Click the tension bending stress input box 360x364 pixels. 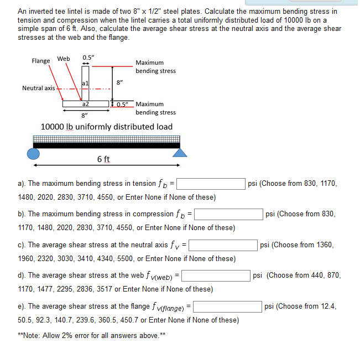pyautogui.click(x=211, y=184)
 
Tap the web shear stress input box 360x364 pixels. pyautogui.click(x=216, y=275)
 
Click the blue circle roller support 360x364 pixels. pyautogui.click(x=34, y=153)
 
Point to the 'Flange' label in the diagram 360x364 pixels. pyautogui.click(x=40, y=61)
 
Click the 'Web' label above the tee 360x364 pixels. pyautogui.click(x=64, y=59)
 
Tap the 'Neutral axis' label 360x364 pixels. pyautogui.click(x=38, y=88)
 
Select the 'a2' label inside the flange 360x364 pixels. pyautogui.click(x=85, y=103)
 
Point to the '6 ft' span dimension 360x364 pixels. pyautogui.click(x=103, y=159)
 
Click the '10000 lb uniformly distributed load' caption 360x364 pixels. pyautogui.click(x=107, y=127)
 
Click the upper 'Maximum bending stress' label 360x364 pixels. pyautogui.click(x=155, y=67)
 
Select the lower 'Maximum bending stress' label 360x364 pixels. pyautogui.click(x=155, y=108)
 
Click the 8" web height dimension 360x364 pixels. pyautogui.click(x=119, y=82)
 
